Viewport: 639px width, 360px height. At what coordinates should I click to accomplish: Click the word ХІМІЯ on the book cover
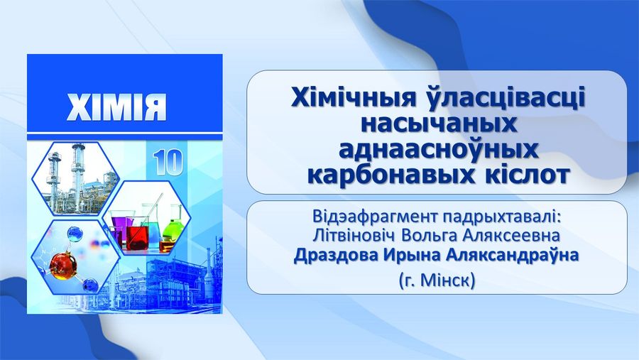pos(116,107)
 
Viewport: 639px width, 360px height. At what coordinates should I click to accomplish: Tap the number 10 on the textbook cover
pos(168,163)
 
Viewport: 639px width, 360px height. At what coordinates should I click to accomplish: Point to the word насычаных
pos(439,124)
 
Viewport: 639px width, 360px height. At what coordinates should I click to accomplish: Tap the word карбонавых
pos(387,175)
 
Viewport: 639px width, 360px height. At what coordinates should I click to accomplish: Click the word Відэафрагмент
pos(374,216)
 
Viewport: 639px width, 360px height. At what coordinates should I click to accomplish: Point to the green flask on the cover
pos(172,231)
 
